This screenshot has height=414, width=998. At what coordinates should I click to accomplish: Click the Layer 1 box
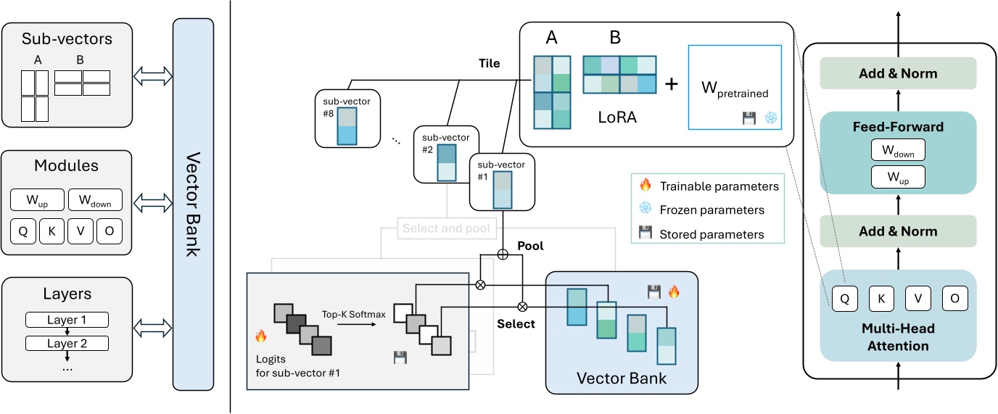pyautogui.click(x=66, y=320)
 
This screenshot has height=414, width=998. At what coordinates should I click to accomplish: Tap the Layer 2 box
pyautogui.click(x=66, y=343)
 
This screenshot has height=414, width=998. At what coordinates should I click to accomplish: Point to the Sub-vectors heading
pyautogui.click(x=67, y=38)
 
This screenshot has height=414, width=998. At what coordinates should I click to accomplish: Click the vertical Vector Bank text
pyautogui.click(x=193, y=204)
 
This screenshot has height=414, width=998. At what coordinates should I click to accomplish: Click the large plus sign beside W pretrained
pyautogui.click(x=671, y=84)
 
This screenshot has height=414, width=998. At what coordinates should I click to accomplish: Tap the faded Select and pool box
pyautogui.click(x=445, y=228)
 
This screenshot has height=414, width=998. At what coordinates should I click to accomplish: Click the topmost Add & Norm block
pyautogui.click(x=899, y=73)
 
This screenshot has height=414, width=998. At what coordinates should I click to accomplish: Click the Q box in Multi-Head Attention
pyautogui.click(x=844, y=297)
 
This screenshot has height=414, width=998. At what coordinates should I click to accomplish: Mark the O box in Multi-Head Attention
pyautogui.click(x=953, y=297)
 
